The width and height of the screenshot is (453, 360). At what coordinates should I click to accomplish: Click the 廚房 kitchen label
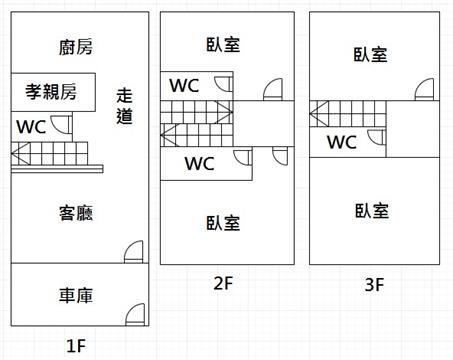point(76,47)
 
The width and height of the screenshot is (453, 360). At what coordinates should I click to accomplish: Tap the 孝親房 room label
point(51,92)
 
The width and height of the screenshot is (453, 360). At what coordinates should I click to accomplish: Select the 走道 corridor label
point(124,106)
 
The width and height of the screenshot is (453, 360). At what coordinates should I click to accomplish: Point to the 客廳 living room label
point(76,213)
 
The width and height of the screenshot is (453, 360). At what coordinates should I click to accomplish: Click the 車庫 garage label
point(76,296)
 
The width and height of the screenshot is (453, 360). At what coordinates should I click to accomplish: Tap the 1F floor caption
point(76,346)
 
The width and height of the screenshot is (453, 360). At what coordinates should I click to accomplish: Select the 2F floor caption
point(223,283)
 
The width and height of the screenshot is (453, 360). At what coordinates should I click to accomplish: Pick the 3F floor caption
point(374,285)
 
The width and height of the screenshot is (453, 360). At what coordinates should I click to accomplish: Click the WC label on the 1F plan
point(31,127)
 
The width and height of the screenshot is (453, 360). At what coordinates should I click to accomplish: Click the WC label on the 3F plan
point(342,142)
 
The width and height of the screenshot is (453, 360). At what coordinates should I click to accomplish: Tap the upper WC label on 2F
point(184,86)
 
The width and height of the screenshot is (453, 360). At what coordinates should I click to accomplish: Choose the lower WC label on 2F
point(199,164)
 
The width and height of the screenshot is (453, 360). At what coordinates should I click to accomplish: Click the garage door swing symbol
point(135,315)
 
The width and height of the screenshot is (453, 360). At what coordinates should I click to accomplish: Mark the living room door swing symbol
point(134,252)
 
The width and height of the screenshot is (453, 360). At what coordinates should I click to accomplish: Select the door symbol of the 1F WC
point(61,124)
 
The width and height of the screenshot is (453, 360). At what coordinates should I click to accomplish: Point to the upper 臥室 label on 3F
point(370,55)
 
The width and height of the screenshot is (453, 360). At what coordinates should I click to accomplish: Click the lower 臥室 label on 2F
point(223,223)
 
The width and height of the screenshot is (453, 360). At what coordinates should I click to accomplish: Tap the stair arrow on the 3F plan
point(319,114)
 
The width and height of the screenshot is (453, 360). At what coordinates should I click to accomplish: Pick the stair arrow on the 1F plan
point(21,154)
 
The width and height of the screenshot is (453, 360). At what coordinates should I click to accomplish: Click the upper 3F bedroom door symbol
point(424,89)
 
